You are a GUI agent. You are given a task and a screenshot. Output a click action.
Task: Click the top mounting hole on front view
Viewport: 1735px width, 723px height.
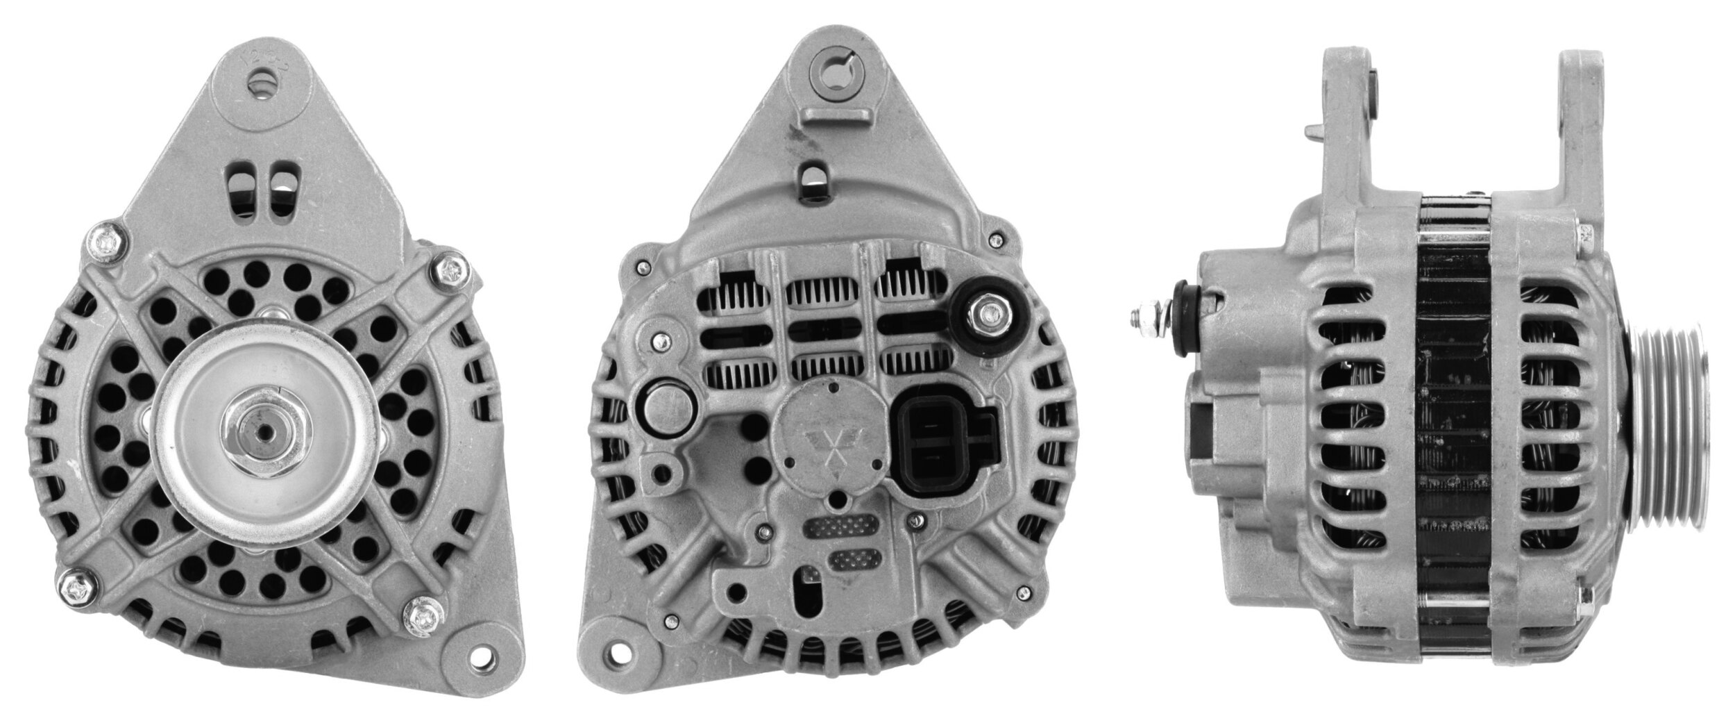pyautogui.click(x=263, y=85)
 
